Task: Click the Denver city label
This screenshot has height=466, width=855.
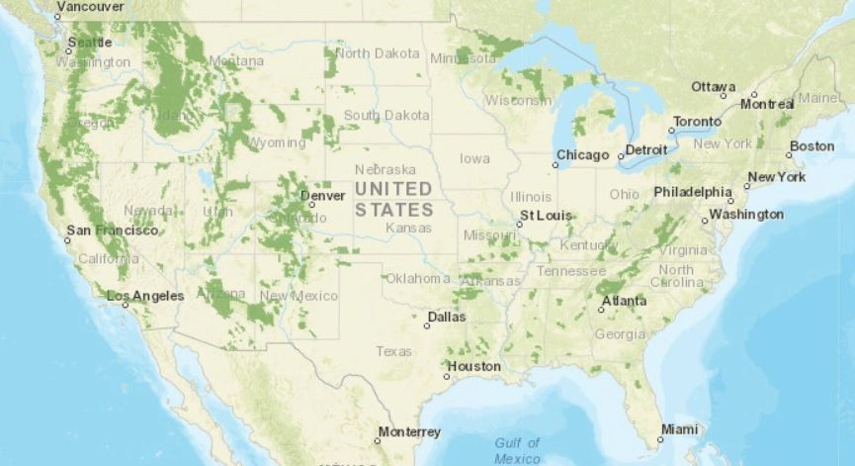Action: click(324, 195)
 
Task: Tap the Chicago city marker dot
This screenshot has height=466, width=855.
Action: click(556, 165)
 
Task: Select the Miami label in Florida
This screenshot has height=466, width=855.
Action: click(680, 429)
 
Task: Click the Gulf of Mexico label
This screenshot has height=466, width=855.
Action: click(517, 450)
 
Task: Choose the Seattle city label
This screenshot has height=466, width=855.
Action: click(91, 43)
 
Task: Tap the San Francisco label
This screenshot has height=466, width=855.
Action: click(112, 231)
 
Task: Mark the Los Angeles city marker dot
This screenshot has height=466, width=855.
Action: click(126, 305)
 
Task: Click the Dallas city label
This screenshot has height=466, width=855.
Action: click(447, 318)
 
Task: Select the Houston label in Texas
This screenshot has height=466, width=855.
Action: click(474, 366)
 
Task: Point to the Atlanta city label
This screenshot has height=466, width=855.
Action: click(625, 301)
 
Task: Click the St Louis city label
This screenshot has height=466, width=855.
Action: click(546, 216)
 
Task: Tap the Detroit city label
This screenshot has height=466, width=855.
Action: click(646, 150)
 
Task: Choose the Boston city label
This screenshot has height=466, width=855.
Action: click(812, 146)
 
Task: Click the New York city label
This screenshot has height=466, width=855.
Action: click(777, 177)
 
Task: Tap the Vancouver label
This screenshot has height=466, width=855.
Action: click(90, 6)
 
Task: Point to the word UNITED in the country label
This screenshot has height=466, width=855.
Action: click(393, 188)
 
